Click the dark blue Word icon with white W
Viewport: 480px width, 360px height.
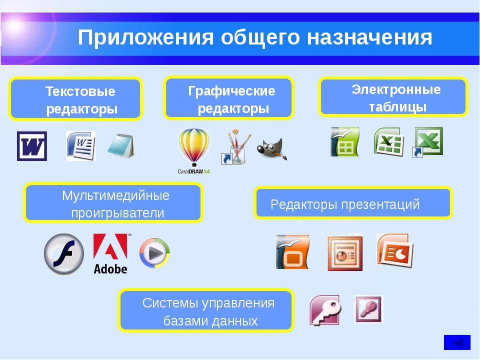click(32, 146)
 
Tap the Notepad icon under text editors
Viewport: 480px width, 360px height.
click(121, 145)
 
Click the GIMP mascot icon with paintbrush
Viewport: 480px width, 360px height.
click(272, 149)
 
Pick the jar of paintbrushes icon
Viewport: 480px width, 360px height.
click(236, 147)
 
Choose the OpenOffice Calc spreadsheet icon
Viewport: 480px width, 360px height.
click(345, 141)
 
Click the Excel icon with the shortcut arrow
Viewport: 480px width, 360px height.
click(427, 142)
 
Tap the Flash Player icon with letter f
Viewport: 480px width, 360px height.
click(64, 254)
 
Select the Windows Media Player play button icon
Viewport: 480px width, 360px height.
click(154, 253)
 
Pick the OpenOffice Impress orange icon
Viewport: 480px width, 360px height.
click(293, 252)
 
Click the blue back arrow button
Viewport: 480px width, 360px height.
click(457, 342)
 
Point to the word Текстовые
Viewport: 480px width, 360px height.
click(80, 91)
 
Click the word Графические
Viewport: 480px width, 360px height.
click(231, 91)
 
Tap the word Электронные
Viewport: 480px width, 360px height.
click(396, 89)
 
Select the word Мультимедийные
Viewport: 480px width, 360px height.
click(115, 195)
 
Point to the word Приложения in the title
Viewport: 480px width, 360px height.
click(145, 37)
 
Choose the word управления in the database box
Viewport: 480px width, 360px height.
click(238, 303)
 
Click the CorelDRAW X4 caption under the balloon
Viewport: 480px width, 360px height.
click(194, 171)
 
